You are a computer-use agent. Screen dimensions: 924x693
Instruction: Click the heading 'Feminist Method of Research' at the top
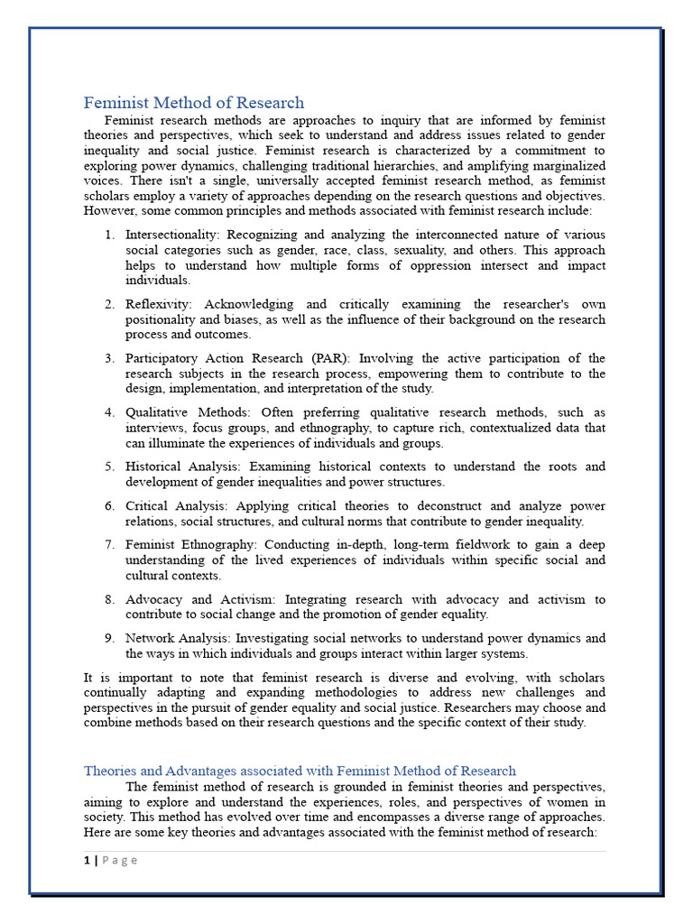pyautogui.click(x=194, y=103)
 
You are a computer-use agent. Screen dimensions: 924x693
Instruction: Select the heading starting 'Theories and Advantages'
pyautogui.click(x=300, y=771)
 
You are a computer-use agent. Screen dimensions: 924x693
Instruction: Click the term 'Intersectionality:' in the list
pyautogui.click(x=176, y=235)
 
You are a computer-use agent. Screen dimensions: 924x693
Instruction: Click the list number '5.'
pyautogui.click(x=109, y=467)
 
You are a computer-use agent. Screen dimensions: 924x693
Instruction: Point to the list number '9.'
pyautogui.click(x=109, y=638)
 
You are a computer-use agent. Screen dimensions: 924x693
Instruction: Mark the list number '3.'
pyautogui.click(x=109, y=358)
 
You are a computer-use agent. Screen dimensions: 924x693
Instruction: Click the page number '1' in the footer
pyautogui.click(x=88, y=860)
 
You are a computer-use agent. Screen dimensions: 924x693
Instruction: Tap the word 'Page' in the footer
pyautogui.click(x=119, y=860)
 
